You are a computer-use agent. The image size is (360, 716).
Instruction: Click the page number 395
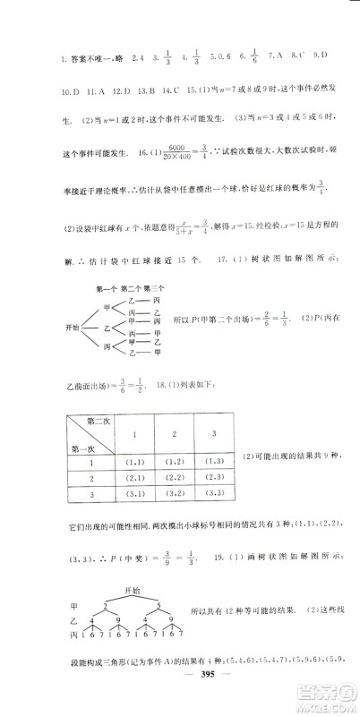point(180,695)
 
